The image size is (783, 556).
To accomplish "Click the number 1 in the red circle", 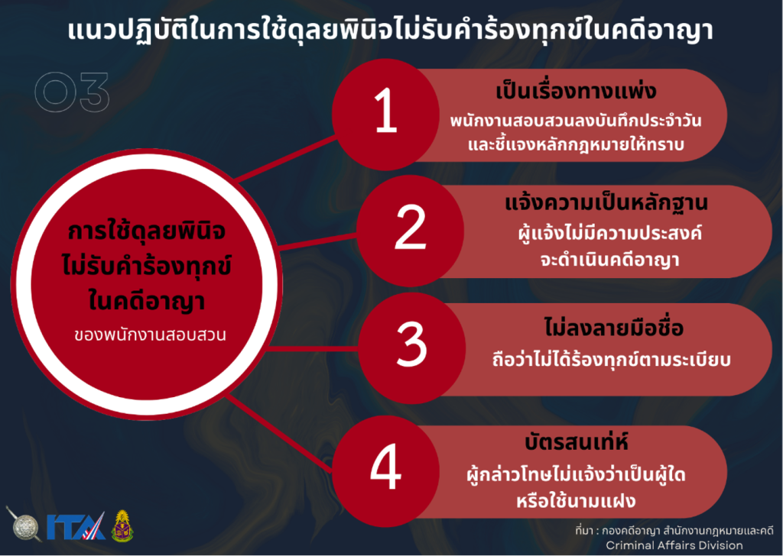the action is (386, 110).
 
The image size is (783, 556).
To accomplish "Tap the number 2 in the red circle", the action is (411, 227).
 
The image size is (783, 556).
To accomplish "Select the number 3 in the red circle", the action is (412, 344).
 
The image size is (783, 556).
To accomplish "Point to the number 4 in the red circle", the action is (386, 467).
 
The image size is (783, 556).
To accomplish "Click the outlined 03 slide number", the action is (72, 92).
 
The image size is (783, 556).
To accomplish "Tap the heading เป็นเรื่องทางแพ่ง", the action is (576, 91).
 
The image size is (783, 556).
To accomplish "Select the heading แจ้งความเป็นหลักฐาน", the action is (606, 203).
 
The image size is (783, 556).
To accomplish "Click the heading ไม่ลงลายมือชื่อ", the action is (614, 328).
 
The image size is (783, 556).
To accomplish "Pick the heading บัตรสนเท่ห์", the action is (577, 441).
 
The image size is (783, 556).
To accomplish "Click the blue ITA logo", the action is (76, 526).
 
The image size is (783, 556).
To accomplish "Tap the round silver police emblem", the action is (25, 525).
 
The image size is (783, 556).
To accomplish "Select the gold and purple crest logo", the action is (122, 526).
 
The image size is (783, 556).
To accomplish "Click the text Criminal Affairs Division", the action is (674, 545).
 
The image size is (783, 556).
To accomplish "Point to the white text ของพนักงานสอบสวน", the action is (150, 335).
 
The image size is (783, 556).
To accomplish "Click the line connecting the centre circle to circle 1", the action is (286, 158).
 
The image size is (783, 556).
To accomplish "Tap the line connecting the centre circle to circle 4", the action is (280, 433).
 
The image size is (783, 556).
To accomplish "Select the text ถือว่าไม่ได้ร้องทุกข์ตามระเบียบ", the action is (611, 360).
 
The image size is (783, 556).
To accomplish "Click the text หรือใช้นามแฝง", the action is (576, 500).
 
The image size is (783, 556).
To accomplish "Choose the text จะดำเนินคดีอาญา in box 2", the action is (609, 260).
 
